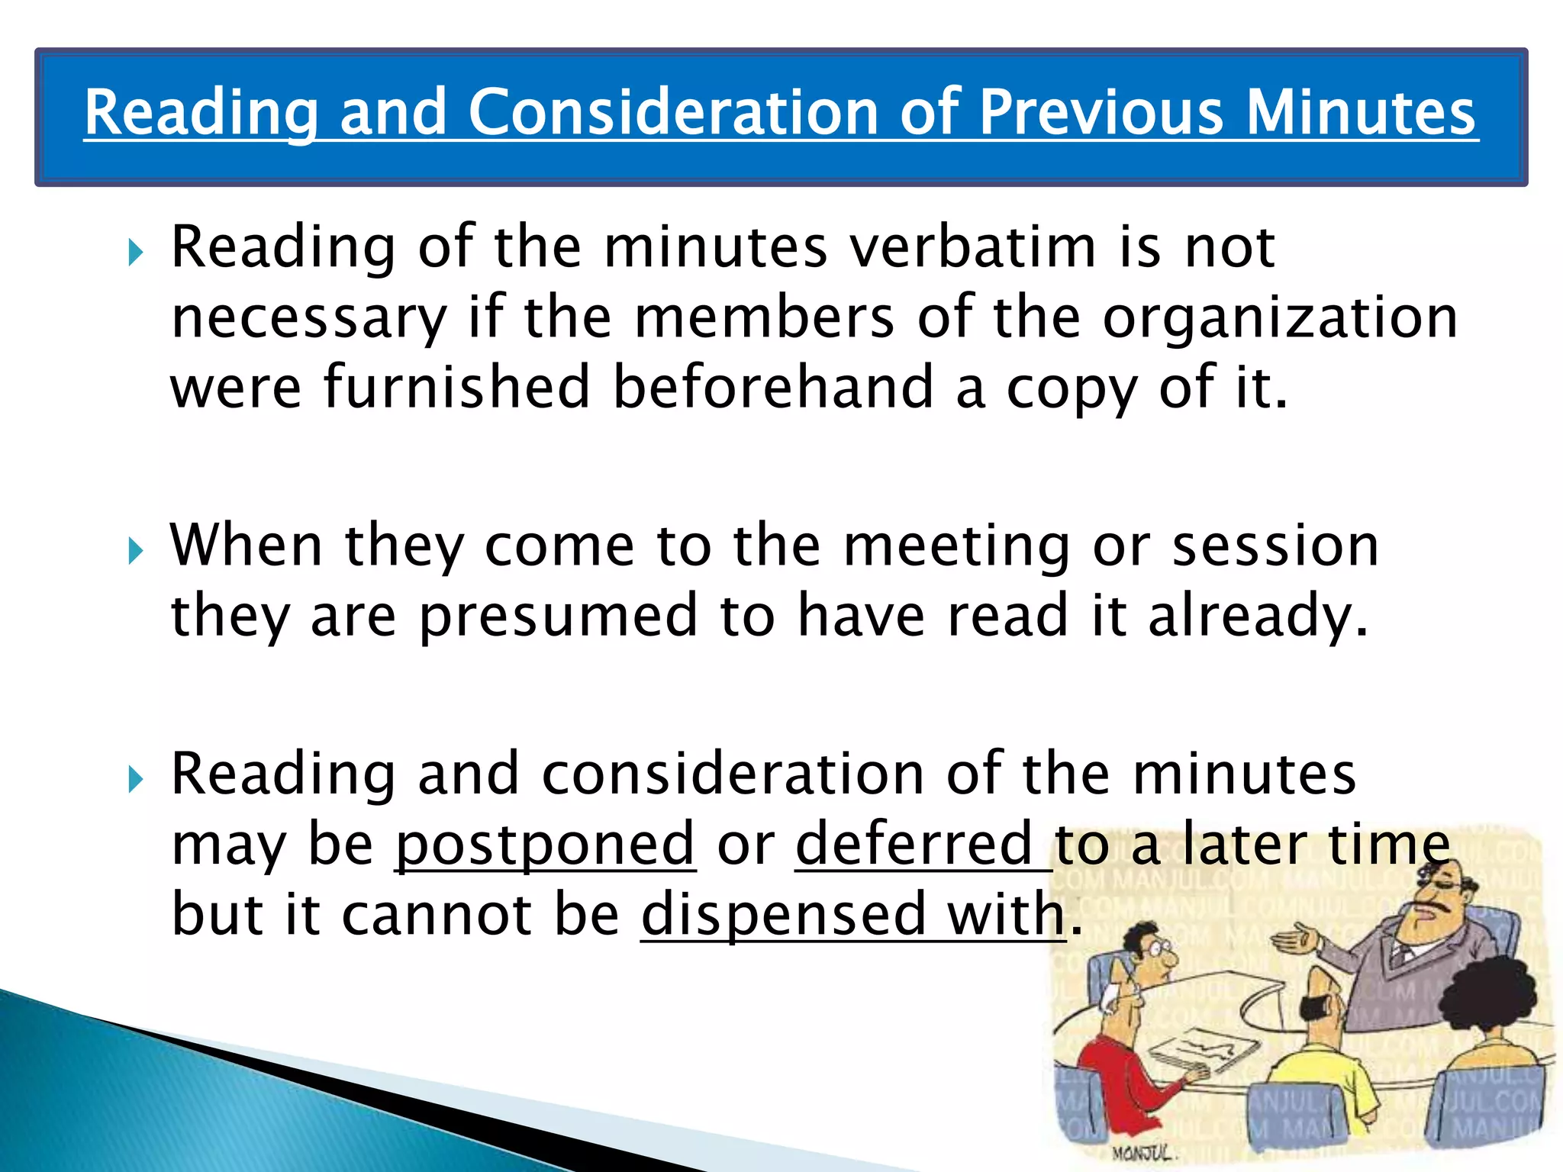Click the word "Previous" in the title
point(1101,113)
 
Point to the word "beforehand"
point(773,387)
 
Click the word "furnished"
point(456,387)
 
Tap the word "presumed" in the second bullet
point(559,615)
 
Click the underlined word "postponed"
point(545,845)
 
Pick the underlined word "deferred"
point(914,845)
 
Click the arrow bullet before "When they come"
point(136,550)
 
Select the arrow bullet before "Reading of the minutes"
point(136,252)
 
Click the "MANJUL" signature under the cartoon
point(1142,1151)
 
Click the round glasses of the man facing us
point(1161,951)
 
